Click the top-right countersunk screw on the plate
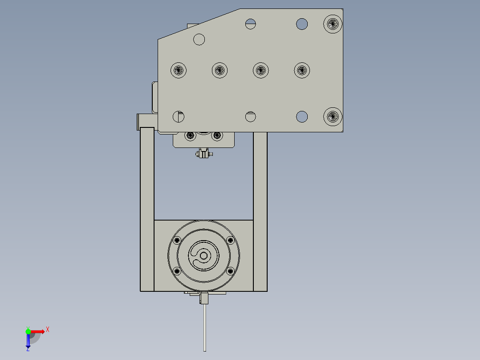pyautogui.click(x=333, y=24)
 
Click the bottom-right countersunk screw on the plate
pyautogui.click(x=333, y=117)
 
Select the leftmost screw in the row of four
pyautogui.click(x=179, y=70)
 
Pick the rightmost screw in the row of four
pyautogui.click(x=302, y=70)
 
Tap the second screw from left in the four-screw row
pyautogui.click(x=220, y=70)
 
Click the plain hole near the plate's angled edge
pyautogui.click(x=199, y=39)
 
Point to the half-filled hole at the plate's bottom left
pyautogui.click(x=179, y=117)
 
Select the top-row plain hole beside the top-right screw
pyautogui.click(x=302, y=24)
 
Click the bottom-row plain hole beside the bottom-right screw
pyautogui.click(x=302, y=117)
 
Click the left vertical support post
pyautogui.click(x=147, y=209)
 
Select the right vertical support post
pyautogui.click(x=260, y=209)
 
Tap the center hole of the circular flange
pyautogui.click(x=204, y=256)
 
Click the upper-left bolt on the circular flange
pyautogui.click(x=177, y=240)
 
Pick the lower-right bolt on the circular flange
pyautogui.click(x=230, y=271)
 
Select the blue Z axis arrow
pyautogui.click(x=28, y=342)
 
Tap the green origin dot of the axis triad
pyautogui.click(x=28, y=331)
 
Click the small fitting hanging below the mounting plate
pyautogui.click(x=203, y=154)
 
